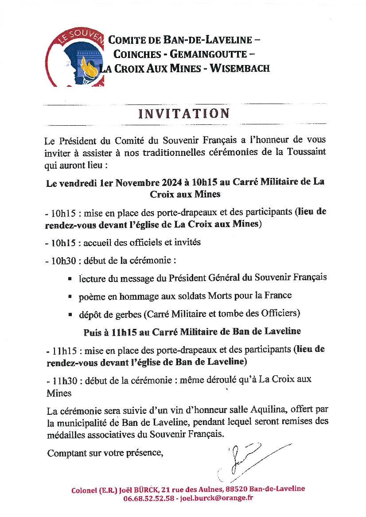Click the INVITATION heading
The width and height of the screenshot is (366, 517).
pyautogui.click(x=184, y=113)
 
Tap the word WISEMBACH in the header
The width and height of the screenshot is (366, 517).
pyautogui.click(x=240, y=68)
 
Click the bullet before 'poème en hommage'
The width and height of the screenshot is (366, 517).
pyautogui.click(x=70, y=296)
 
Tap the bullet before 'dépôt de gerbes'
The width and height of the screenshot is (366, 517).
pyautogui.click(x=70, y=314)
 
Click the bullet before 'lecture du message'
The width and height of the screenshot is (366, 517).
pyautogui.click(x=70, y=278)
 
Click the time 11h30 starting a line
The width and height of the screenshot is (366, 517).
pyautogui.click(x=61, y=379)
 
